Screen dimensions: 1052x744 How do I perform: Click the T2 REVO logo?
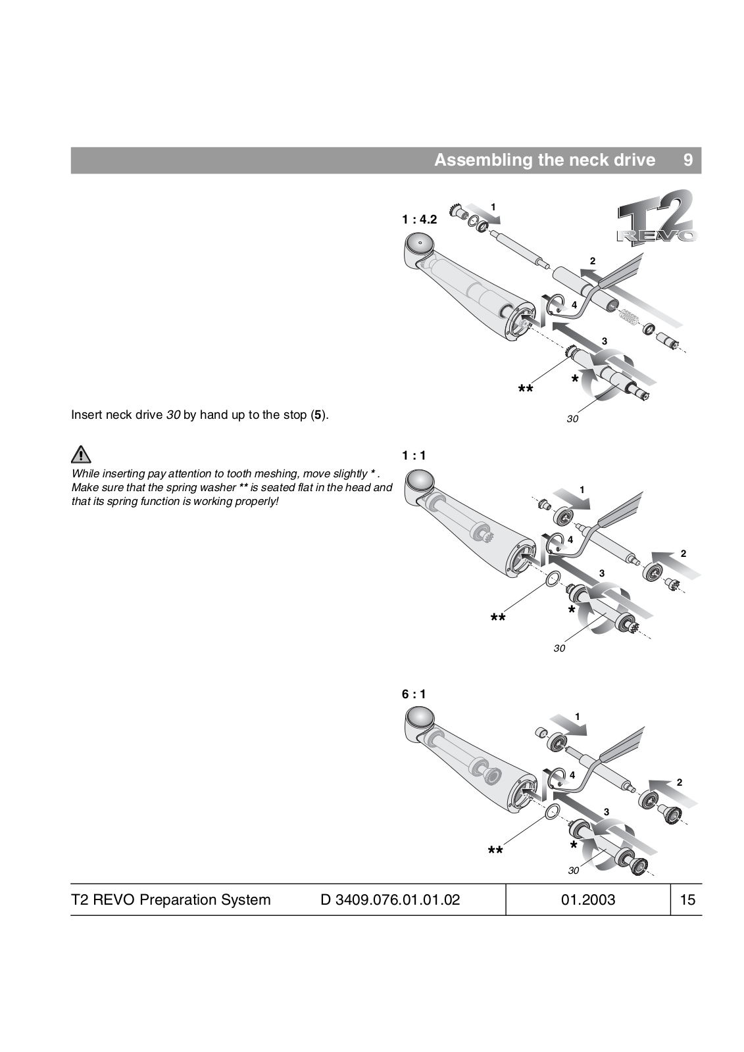pyautogui.click(x=656, y=218)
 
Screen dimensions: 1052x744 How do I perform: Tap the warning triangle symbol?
pyautogui.click(x=81, y=454)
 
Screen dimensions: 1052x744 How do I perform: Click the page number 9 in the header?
pyautogui.click(x=687, y=160)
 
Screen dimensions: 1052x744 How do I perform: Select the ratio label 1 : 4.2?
pyautogui.click(x=419, y=220)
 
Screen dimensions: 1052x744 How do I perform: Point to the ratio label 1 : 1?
pyautogui.click(x=414, y=455)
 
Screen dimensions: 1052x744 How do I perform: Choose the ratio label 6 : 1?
pyautogui.click(x=414, y=694)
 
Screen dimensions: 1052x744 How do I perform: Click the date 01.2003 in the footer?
pyautogui.click(x=588, y=899)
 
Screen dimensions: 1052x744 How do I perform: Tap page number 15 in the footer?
pyautogui.click(x=687, y=899)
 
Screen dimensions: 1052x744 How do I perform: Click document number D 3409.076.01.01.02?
pyautogui.click(x=390, y=899)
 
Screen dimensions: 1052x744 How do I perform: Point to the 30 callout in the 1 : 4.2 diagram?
pyautogui.click(x=572, y=419)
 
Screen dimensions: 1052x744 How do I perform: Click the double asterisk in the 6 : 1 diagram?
pyautogui.click(x=495, y=852)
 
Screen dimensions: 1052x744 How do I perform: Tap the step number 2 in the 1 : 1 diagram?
pyautogui.click(x=683, y=554)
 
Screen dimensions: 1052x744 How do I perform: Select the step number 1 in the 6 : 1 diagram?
pyautogui.click(x=577, y=716)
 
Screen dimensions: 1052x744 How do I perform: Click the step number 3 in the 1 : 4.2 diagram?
pyautogui.click(x=605, y=341)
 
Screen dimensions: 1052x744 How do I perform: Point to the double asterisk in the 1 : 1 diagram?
pyautogui.click(x=498, y=619)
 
